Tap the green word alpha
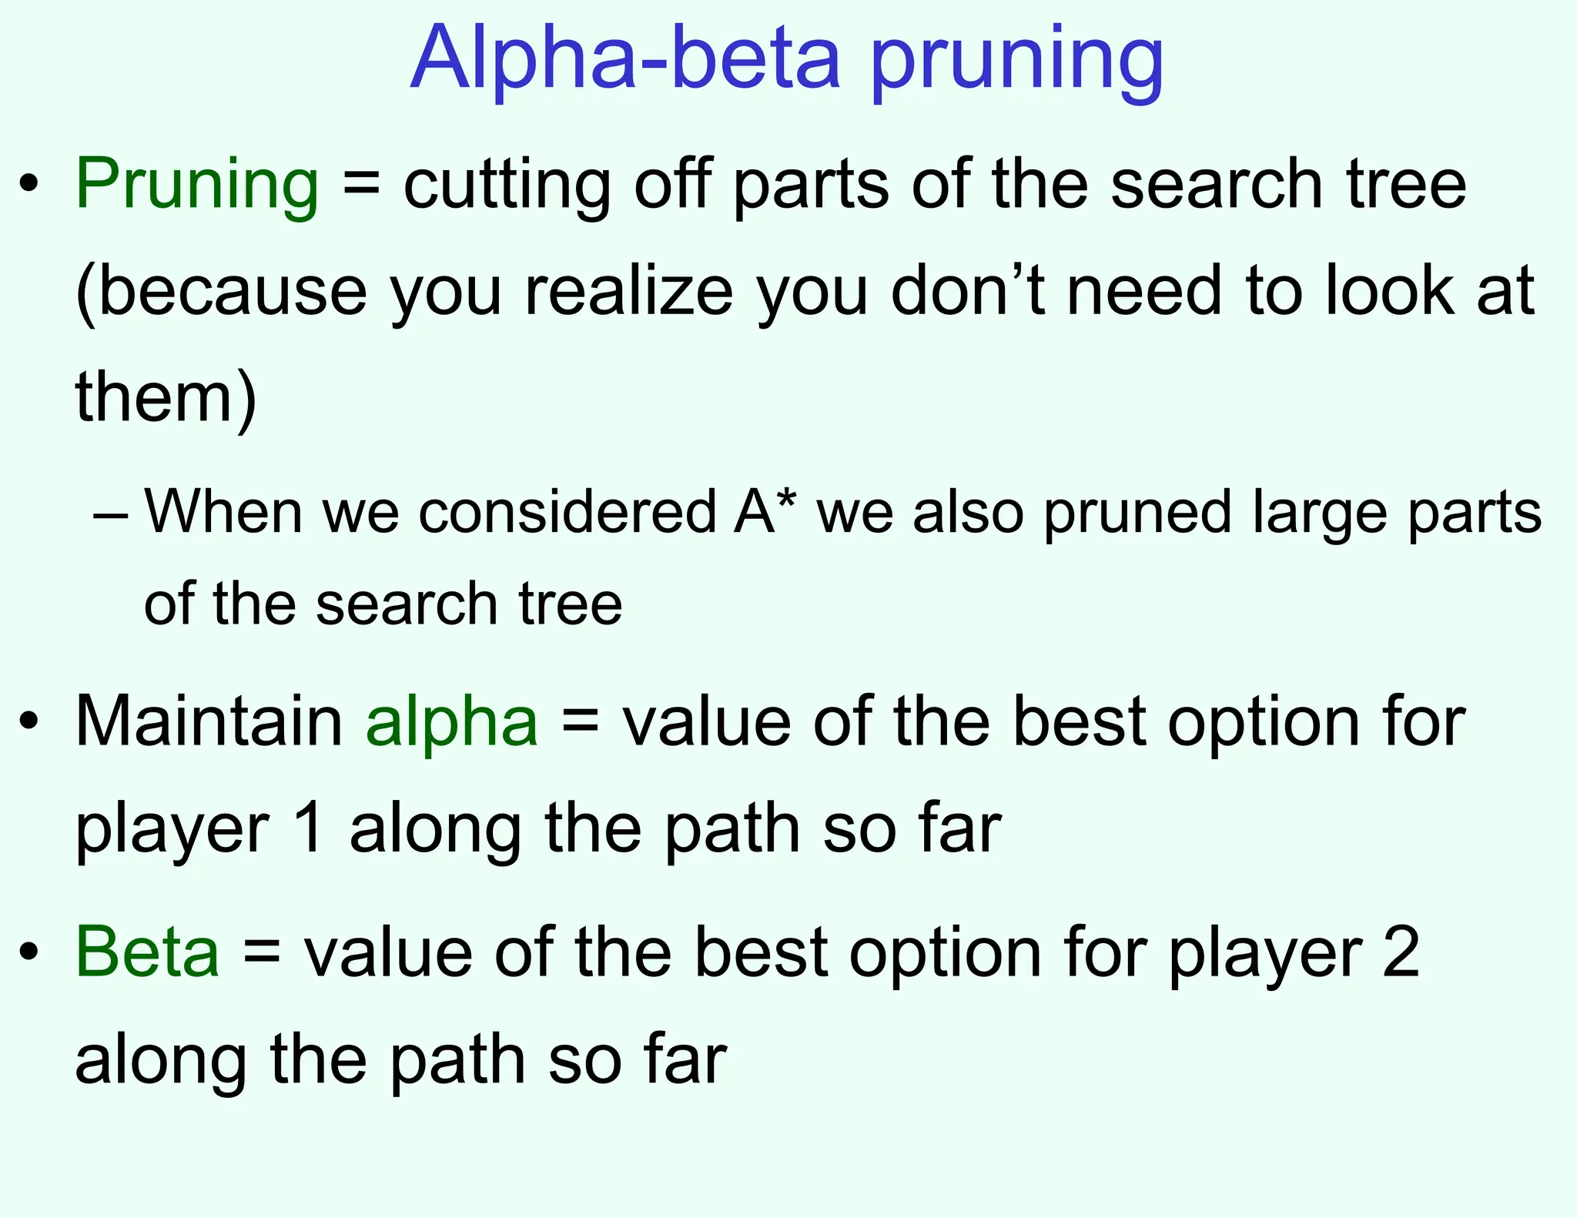452,724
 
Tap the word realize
628,293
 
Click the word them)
166,398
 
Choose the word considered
568,512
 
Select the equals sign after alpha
579,724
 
